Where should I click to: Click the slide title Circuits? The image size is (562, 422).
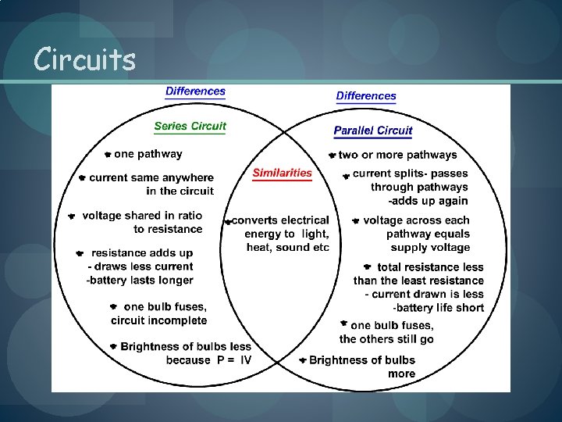85,59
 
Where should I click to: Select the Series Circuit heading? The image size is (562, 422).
190,126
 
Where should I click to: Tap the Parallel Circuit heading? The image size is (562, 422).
372,131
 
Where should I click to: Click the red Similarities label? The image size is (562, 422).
282,173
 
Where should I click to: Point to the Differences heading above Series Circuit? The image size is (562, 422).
195,91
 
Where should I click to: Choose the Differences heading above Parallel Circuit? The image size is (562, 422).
366,96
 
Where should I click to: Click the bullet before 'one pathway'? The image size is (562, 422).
108,155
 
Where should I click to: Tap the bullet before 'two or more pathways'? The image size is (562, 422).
332,156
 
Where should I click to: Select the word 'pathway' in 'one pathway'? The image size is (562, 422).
160,154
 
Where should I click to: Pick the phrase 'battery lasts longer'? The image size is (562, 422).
142,280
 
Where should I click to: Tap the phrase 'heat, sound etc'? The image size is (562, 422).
288,248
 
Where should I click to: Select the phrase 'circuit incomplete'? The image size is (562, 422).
158,320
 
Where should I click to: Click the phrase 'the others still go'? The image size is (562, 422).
386,339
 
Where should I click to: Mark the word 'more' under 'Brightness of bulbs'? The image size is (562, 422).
401,374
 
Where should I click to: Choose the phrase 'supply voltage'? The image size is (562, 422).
431,248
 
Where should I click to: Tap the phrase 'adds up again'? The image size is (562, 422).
432,201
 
